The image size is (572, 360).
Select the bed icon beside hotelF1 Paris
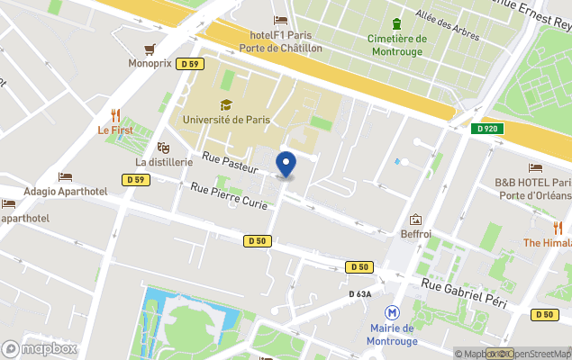tap(280, 21)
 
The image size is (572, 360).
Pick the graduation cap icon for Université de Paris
tap(225, 104)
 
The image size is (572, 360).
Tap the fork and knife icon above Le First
tap(115, 114)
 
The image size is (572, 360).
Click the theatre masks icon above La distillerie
tap(163, 147)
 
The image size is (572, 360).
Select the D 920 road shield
tap(486, 129)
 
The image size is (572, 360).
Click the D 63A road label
tap(361, 293)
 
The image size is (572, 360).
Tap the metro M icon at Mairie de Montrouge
tap(392, 312)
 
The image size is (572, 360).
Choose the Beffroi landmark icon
tap(415, 219)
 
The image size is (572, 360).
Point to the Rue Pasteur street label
tap(231, 162)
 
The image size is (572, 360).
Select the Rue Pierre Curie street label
tap(228, 195)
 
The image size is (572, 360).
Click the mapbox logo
tap(40, 348)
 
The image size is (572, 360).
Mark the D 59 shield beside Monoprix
tap(189, 64)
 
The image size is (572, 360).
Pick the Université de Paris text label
tap(225, 119)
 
